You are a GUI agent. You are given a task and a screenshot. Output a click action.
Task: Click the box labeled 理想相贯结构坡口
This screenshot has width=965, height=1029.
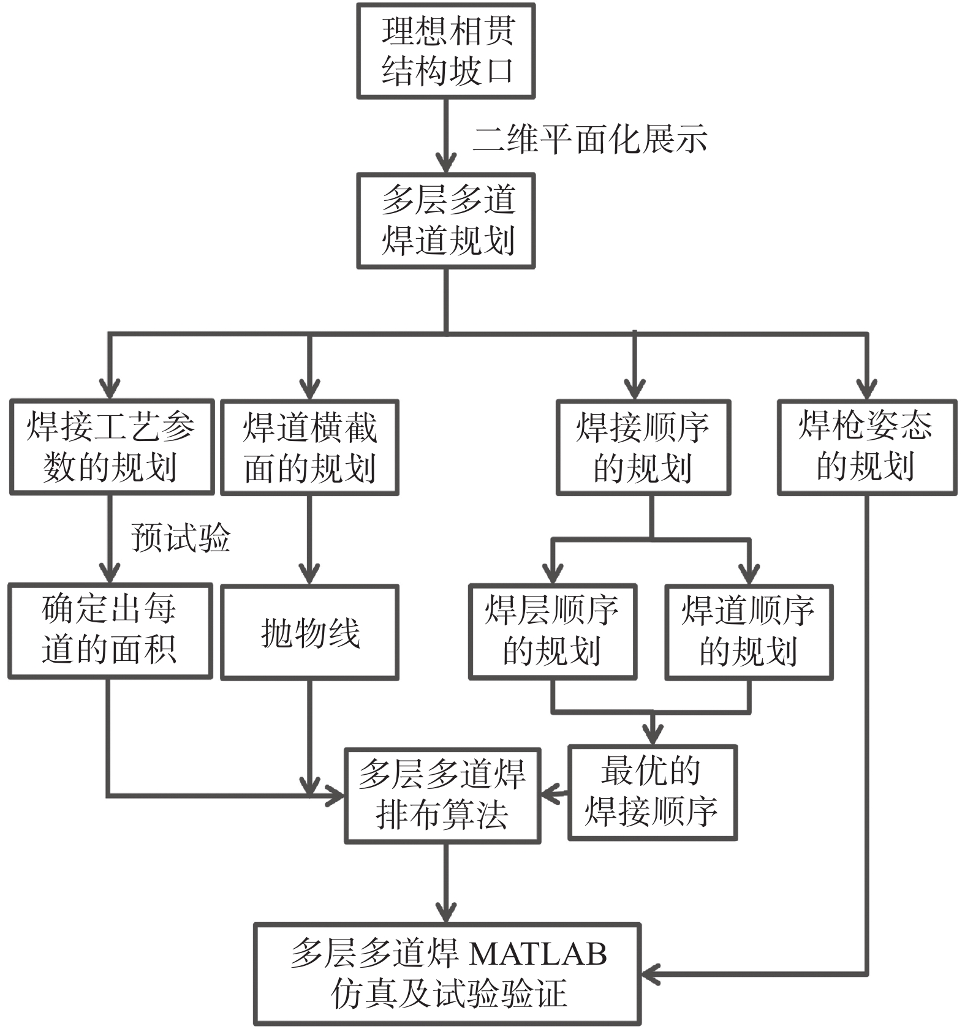(x=446, y=51)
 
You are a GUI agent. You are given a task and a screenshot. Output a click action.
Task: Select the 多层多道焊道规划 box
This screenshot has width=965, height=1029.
(x=446, y=221)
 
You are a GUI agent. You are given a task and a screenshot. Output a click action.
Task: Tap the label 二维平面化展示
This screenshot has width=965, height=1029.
(x=590, y=139)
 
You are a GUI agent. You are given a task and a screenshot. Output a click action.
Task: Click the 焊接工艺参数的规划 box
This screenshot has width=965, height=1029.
(x=112, y=447)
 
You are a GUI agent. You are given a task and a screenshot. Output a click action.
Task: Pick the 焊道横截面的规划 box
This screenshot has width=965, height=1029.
(x=309, y=447)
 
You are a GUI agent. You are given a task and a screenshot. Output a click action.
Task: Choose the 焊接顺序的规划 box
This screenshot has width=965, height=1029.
(x=643, y=447)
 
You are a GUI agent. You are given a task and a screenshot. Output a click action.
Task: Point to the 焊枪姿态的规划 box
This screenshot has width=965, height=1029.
(x=867, y=447)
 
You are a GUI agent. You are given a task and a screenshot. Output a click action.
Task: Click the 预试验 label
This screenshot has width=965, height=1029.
(x=181, y=538)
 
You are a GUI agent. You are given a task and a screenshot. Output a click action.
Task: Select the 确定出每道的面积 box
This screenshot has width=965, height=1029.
(x=110, y=631)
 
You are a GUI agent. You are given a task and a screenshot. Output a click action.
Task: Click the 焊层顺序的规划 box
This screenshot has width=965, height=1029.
(x=553, y=631)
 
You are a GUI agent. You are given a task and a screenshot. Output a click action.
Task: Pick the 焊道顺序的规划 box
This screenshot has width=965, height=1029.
(x=749, y=631)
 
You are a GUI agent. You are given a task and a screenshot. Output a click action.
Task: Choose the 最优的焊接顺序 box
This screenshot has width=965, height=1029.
(x=653, y=792)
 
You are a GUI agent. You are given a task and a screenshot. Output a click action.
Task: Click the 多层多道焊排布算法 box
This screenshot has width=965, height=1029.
(x=442, y=795)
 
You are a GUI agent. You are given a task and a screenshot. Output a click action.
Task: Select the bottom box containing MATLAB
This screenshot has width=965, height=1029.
(x=447, y=973)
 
